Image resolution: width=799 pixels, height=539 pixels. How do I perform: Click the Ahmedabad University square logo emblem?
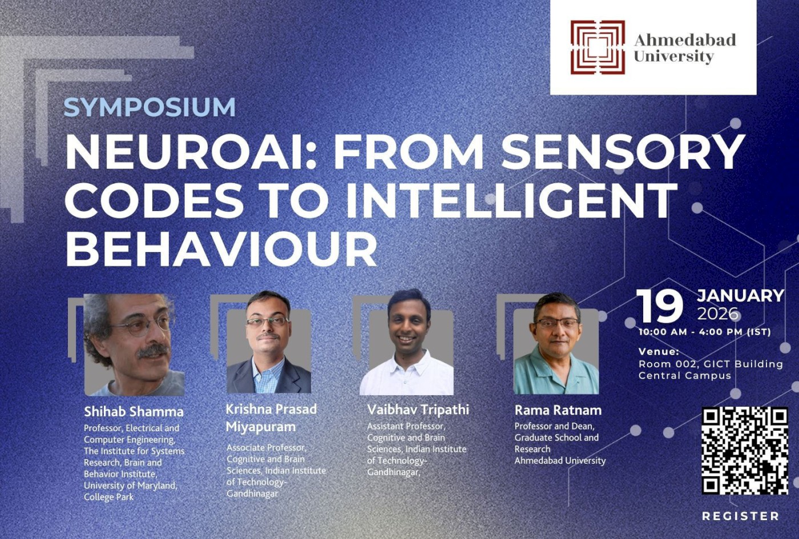click(598, 47)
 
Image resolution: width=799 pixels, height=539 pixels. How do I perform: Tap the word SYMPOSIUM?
click(150, 107)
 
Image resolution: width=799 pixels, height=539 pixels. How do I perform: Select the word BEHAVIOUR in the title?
click(221, 249)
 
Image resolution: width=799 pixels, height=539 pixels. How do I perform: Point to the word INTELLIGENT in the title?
click(511, 200)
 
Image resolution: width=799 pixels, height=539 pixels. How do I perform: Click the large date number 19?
click(660, 306)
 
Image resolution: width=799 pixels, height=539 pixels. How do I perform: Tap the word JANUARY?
click(740, 295)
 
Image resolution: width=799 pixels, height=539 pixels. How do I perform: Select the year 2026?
click(717, 314)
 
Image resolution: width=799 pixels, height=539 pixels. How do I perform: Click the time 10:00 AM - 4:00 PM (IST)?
click(705, 332)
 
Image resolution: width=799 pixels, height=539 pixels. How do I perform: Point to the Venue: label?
click(659, 351)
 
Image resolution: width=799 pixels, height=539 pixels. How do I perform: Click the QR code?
click(744, 450)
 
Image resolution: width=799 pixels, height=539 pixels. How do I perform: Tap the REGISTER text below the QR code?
click(740, 516)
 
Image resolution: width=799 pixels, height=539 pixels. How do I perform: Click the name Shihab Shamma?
click(134, 411)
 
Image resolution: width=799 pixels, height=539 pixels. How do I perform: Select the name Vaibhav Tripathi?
click(418, 410)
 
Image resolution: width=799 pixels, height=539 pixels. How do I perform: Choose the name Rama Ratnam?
click(558, 410)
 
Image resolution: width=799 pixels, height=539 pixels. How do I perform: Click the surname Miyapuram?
click(260, 427)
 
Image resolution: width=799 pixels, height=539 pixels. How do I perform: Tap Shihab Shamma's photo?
click(134, 345)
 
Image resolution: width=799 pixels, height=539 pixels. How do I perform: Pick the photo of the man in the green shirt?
click(556, 345)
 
